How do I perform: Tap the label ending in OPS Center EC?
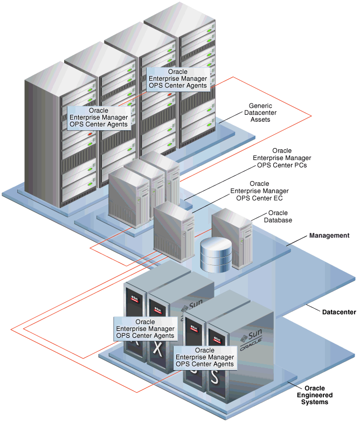[x=259, y=191]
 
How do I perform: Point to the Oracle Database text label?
[x=280, y=217]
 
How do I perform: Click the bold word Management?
[x=329, y=235]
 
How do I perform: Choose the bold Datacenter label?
[x=339, y=312]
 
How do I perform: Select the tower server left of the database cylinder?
[x=173, y=230]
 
